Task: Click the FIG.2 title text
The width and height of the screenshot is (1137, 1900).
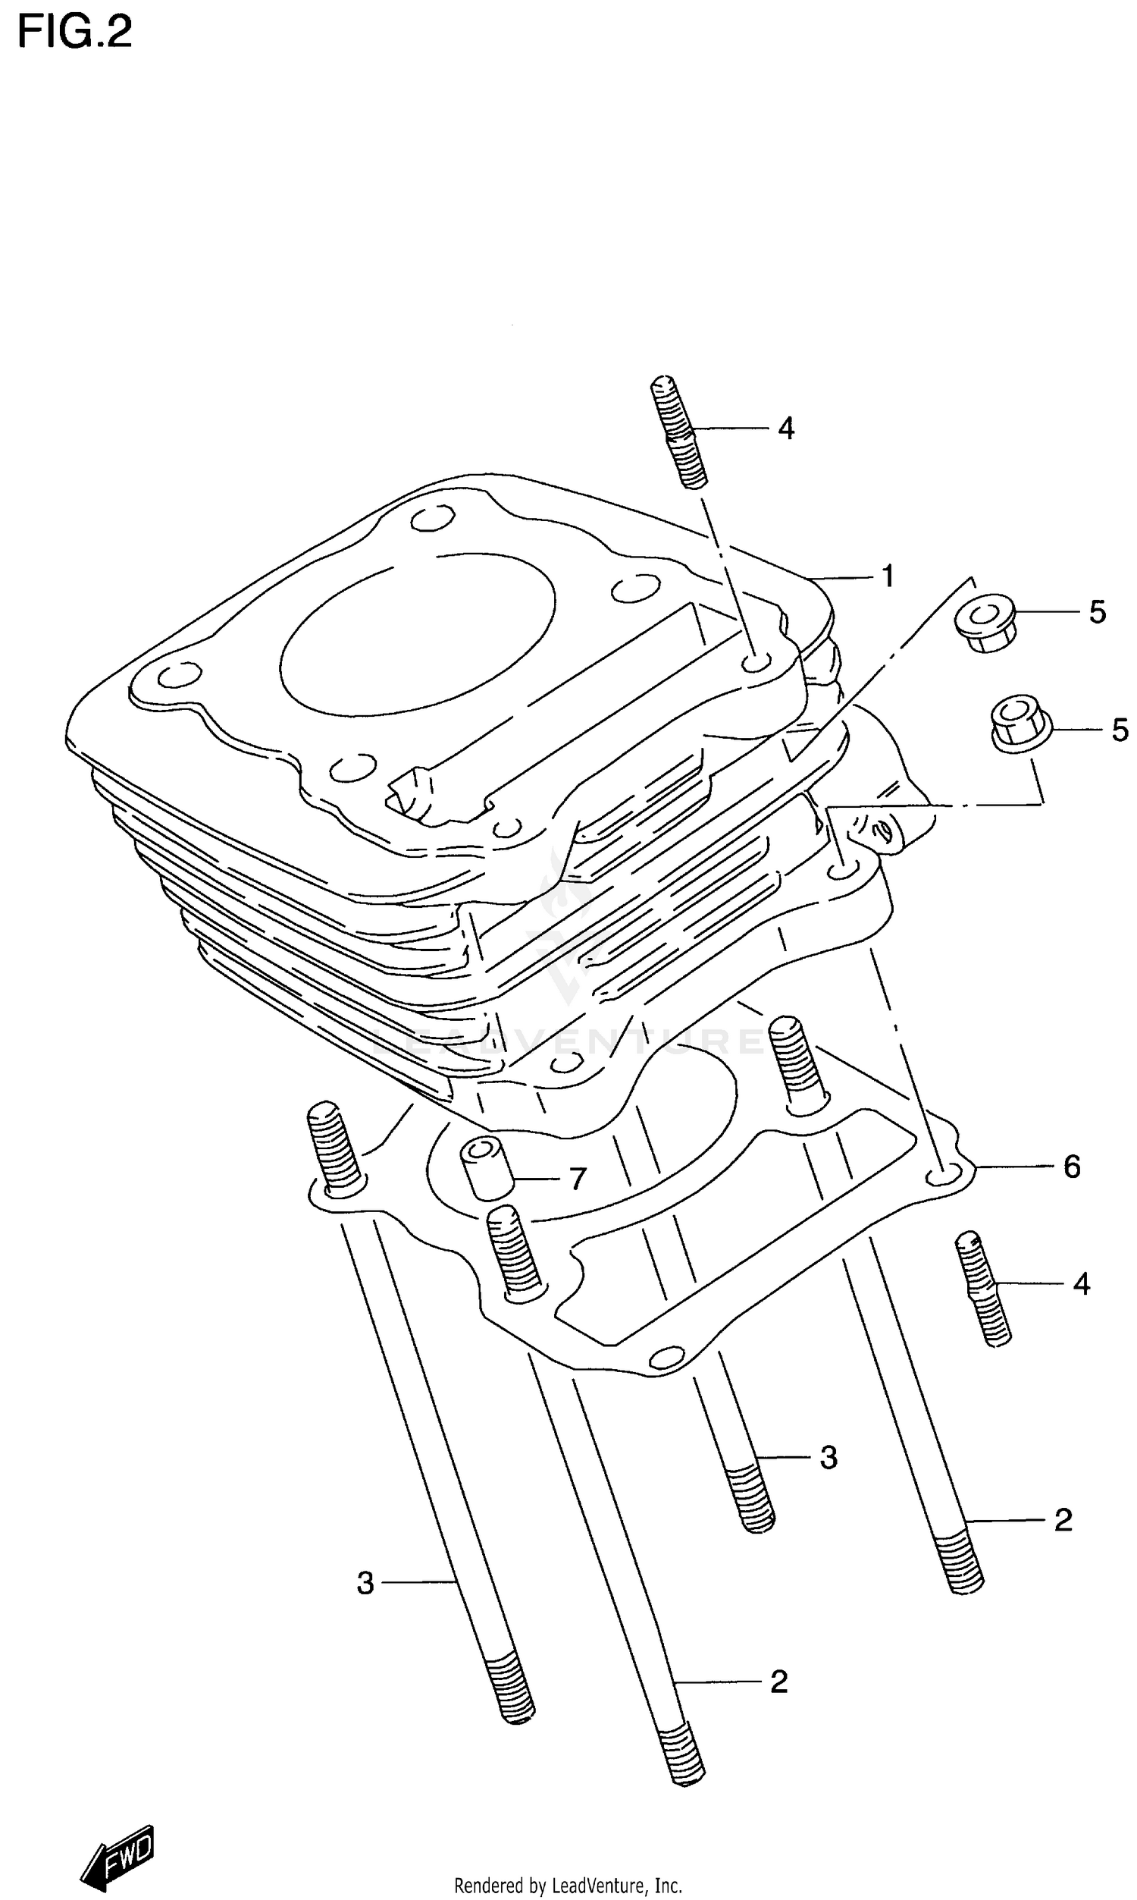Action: point(74,32)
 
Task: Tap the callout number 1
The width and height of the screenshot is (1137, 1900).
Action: point(888,576)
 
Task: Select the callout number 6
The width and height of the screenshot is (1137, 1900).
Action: point(1072,1167)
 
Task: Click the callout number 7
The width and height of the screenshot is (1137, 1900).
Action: point(578,1178)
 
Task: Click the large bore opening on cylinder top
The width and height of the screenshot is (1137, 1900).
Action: point(418,633)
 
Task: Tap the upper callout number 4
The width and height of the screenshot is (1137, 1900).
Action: point(786,429)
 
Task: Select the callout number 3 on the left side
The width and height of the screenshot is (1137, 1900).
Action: point(365,1583)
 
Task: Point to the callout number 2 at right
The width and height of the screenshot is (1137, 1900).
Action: point(1063,1520)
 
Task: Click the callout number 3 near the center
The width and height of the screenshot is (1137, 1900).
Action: point(828,1457)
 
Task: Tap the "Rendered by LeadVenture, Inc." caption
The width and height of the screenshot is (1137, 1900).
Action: point(568,1885)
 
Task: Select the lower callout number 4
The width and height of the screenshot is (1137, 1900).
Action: point(1081,1284)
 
